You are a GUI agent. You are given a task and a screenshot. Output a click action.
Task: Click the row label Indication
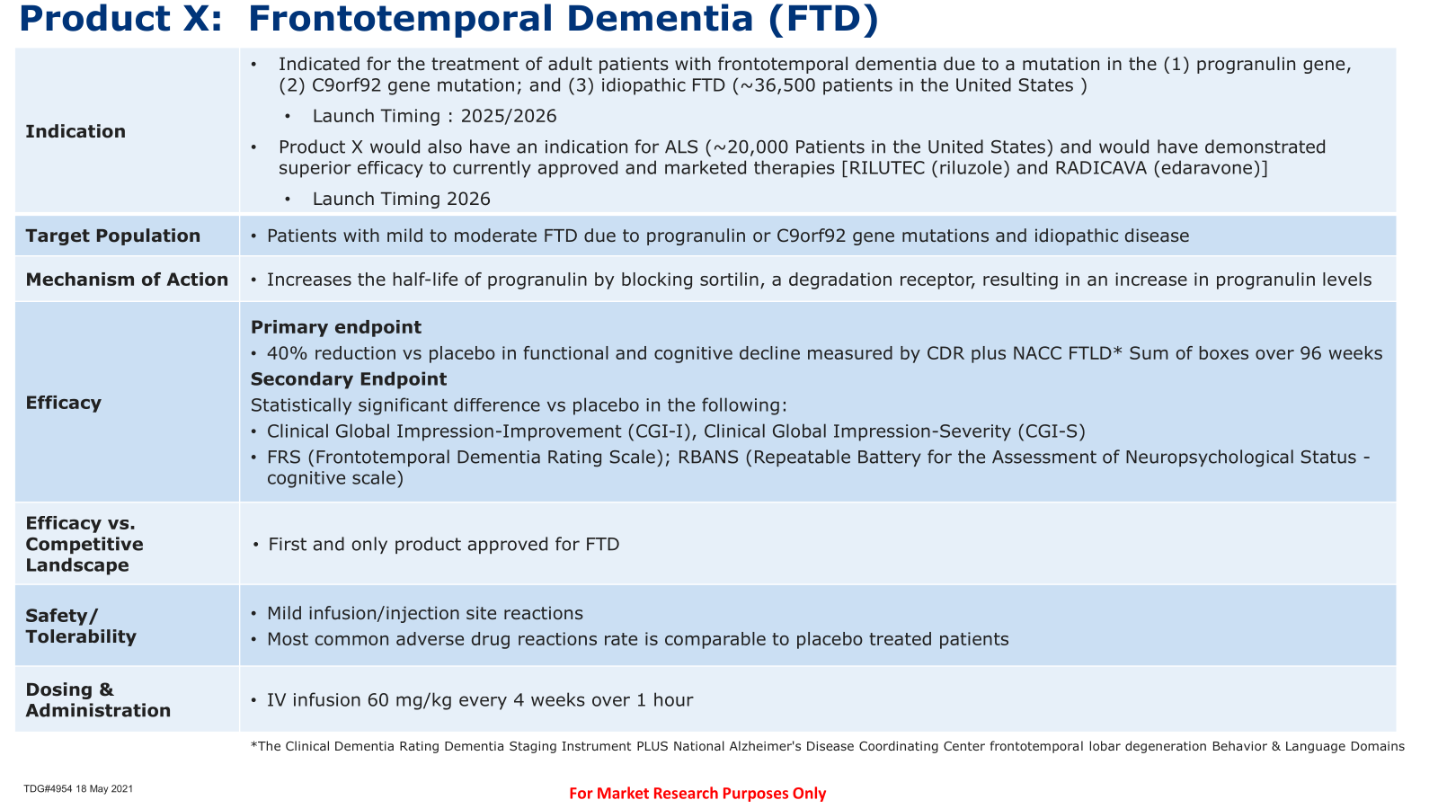point(75,131)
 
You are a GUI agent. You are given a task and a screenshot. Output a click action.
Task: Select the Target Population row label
point(113,236)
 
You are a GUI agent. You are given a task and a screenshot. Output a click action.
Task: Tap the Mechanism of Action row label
point(127,280)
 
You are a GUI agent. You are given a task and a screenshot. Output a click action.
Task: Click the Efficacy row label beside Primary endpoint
point(64,403)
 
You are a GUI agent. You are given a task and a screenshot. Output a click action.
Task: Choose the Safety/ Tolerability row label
point(81,626)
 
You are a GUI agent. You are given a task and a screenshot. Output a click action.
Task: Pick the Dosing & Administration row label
point(98,700)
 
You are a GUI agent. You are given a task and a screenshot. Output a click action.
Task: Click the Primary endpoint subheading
point(336,327)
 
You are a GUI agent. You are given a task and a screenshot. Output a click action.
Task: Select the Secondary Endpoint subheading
point(349,379)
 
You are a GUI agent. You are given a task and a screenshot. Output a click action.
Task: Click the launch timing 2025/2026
point(509,116)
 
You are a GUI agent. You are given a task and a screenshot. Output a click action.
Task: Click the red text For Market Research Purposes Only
point(697,794)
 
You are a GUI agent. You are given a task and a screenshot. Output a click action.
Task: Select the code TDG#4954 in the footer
point(48,789)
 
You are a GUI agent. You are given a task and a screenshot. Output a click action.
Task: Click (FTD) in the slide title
point(822,19)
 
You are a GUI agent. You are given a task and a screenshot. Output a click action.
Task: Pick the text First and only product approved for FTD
point(444,545)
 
